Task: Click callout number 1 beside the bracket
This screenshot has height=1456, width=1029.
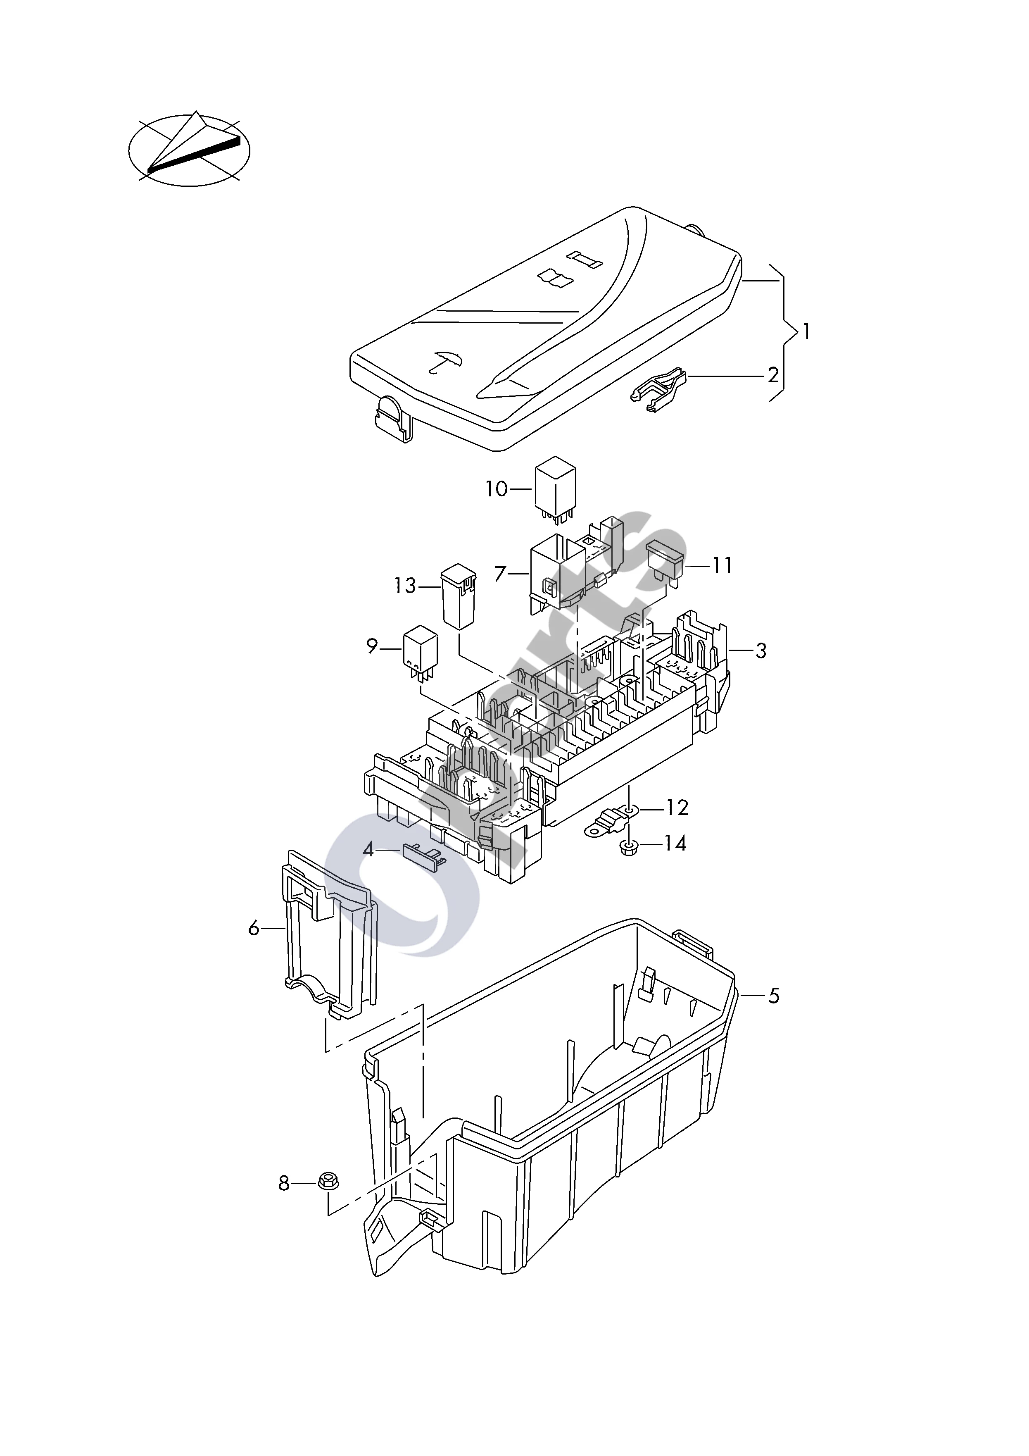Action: [x=806, y=331]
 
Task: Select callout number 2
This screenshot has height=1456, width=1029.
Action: [x=773, y=375]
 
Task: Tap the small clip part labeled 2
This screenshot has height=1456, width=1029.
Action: [x=659, y=389]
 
